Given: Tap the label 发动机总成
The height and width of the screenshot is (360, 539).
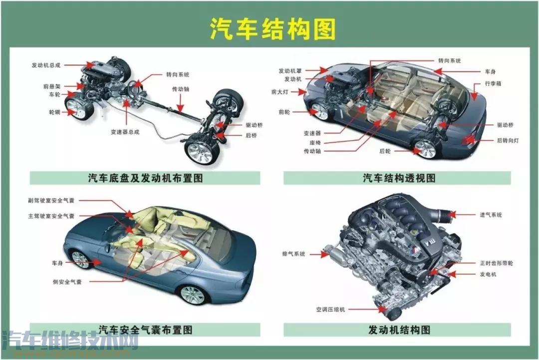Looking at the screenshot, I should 46,65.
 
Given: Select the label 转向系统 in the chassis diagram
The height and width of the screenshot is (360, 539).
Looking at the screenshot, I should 178,75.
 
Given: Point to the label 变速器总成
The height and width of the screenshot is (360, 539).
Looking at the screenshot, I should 125,132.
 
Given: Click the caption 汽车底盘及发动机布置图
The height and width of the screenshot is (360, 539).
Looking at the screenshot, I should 145,178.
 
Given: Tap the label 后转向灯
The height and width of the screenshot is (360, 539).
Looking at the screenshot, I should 508,141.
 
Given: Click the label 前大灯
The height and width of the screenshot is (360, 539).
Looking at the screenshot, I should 280,92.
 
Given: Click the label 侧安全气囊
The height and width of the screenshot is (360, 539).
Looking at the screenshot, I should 67,282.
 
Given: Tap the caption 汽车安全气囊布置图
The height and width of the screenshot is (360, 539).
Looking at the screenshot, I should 145,330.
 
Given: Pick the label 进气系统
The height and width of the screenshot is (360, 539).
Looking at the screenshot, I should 491,215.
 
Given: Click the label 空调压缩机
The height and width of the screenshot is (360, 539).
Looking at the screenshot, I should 330,310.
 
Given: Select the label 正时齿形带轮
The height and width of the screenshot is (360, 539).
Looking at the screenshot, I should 497,263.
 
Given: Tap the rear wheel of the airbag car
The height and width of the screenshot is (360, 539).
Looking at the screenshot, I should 193,295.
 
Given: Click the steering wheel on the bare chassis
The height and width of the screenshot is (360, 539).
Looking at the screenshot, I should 133,89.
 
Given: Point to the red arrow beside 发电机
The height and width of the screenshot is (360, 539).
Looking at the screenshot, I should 451,274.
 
